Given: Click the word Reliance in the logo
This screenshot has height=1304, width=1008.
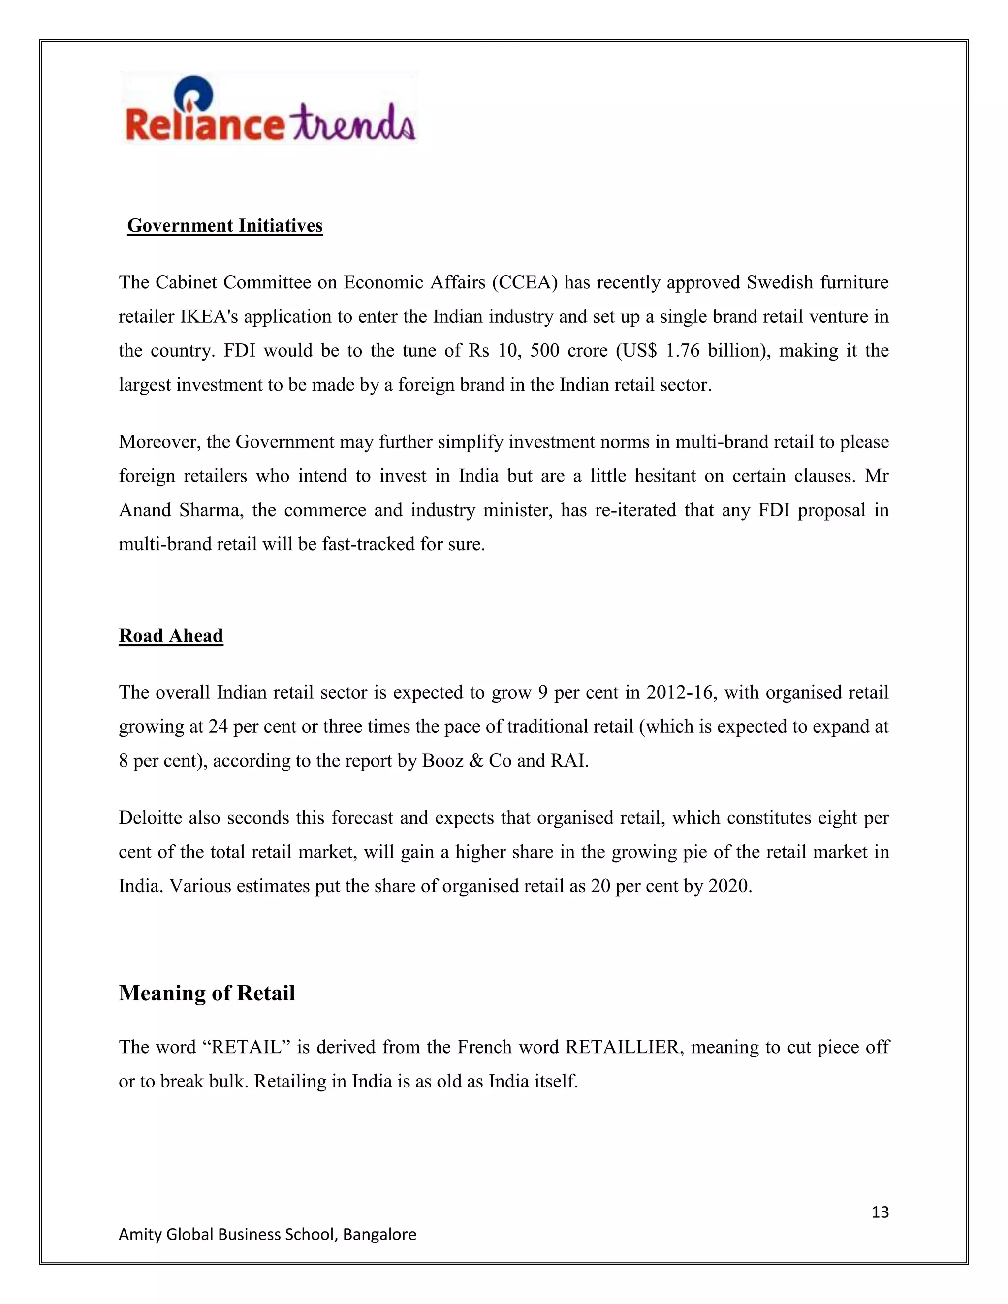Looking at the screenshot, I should click(x=203, y=124).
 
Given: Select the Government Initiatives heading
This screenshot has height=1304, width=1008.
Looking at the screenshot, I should click(x=225, y=226).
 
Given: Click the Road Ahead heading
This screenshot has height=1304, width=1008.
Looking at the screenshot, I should click(x=171, y=635).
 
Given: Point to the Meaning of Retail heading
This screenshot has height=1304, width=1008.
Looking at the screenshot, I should click(x=207, y=993).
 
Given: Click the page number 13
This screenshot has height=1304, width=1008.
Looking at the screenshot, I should click(x=880, y=1212).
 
